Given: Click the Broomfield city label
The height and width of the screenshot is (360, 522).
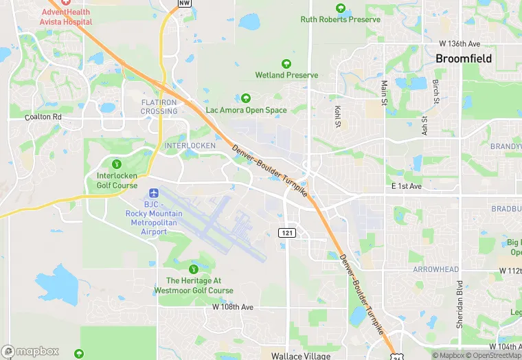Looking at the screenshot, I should (464, 58).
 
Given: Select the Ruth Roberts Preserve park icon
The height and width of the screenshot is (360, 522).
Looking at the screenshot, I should (341, 8).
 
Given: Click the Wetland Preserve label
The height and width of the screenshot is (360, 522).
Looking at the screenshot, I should (286, 75).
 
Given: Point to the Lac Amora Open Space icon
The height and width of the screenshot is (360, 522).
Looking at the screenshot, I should (246, 98).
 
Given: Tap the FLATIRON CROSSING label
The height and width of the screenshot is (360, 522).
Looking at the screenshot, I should (159, 106).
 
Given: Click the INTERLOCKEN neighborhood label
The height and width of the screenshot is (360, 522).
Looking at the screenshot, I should (190, 146).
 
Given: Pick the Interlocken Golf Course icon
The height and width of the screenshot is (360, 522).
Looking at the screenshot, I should (117, 164).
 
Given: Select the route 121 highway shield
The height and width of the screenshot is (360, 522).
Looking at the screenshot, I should (287, 233).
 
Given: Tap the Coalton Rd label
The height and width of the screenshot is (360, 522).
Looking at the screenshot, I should (43, 117).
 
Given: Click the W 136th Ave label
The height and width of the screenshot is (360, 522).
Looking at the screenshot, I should (459, 43).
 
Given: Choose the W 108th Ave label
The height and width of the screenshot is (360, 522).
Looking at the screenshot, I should (233, 306).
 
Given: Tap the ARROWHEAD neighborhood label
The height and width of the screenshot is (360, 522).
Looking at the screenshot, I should (435, 269).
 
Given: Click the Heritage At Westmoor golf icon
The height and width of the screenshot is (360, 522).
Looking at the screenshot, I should (194, 269).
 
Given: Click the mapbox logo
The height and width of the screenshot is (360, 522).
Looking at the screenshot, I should (30, 351).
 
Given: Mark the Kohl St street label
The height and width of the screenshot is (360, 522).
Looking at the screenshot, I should (337, 116).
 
